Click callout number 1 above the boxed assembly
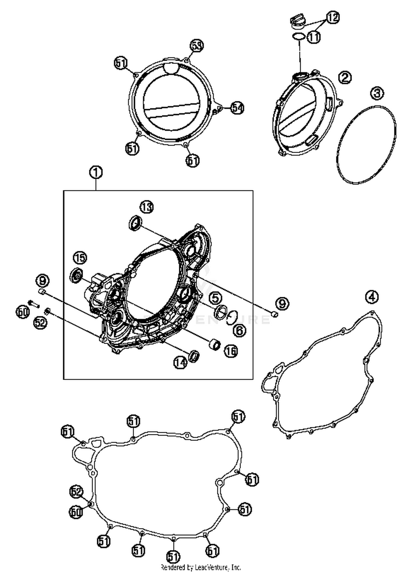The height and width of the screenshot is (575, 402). click(96, 172)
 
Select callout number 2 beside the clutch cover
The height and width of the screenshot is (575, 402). click(344, 77)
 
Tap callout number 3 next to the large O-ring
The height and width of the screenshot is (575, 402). click(377, 93)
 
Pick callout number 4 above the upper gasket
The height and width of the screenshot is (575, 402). click(372, 297)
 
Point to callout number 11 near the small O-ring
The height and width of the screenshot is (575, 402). click(314, 37)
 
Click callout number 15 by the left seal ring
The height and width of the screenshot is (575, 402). click(80, 258)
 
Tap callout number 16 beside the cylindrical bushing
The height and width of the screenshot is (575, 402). click(231, 351)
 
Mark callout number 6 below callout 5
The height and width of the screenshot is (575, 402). click(239, 330)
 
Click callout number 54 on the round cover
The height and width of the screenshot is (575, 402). click(237, 108)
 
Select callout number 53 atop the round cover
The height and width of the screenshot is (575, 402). click(197, 46)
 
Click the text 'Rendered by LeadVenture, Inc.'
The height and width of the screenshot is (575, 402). click(201, 567)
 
